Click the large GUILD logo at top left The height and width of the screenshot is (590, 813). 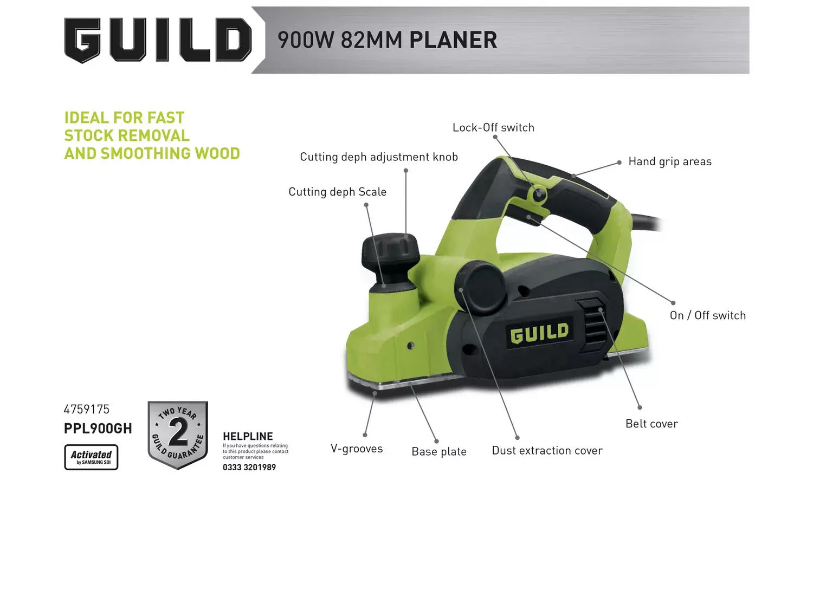click(158, 40)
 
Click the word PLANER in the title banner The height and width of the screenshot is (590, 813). click(453, 40)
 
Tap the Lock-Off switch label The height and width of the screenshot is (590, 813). click(493, 127)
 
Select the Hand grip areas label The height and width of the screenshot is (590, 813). click(670, 162)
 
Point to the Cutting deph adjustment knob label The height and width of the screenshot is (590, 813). click(379, 157)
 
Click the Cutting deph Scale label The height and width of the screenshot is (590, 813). click(338, 192)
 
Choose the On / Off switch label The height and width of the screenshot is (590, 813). click(708, 315)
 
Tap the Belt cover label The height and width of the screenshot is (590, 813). click(651, 424)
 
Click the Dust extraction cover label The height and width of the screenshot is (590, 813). click(547, 450)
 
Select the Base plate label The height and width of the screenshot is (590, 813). click(439, 451)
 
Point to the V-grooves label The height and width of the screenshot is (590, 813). click(357, 449)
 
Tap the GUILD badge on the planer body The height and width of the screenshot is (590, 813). click(539, 333)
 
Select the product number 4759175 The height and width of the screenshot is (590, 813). click(86, 409)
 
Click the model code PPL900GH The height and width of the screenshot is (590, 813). click(98, 429)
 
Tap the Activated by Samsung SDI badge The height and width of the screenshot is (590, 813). click(91, 457)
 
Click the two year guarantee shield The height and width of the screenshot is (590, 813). click(178, 435)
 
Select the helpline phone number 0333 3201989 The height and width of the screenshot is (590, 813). click(249, 468)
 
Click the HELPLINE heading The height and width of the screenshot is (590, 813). click(248, 436)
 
